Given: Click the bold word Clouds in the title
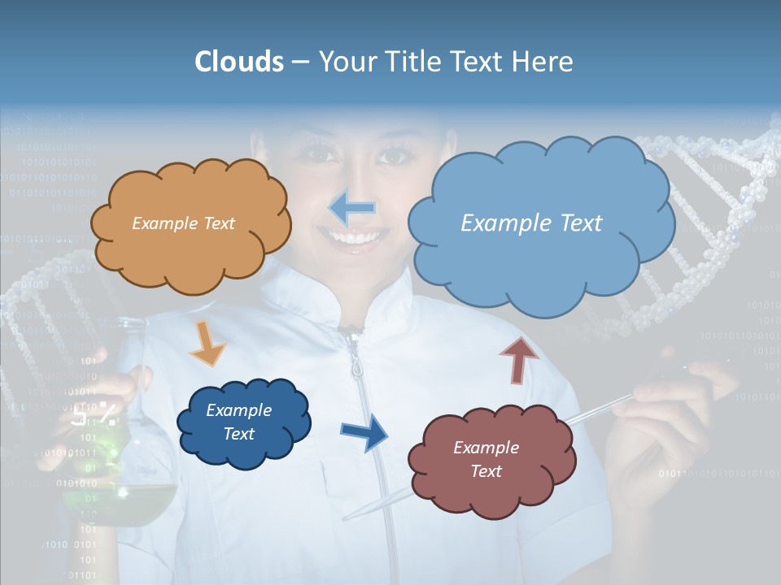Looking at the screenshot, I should tap(239, 62).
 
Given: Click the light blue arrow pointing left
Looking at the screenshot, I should tap(352, 208).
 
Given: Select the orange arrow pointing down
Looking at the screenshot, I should tap(207, 343).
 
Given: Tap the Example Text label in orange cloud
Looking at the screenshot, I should tap(183, 223).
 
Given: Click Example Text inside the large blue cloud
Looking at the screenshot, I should tap(531, 223).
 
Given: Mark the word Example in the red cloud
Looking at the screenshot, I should tap(486, 448).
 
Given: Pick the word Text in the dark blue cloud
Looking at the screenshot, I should tap(239, 434).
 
